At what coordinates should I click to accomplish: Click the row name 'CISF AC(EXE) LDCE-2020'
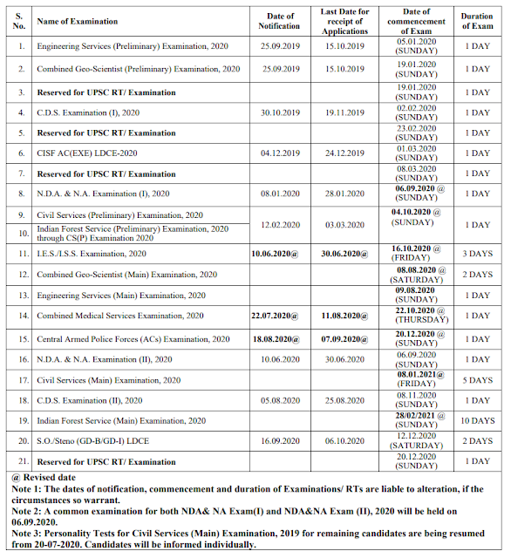89,153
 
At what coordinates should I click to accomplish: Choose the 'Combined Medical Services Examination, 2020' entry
120,316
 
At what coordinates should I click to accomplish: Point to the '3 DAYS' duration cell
477,253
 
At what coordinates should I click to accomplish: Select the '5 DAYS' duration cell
477,380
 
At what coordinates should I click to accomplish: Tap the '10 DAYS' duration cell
477,421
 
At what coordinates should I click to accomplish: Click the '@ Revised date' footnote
44,478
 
